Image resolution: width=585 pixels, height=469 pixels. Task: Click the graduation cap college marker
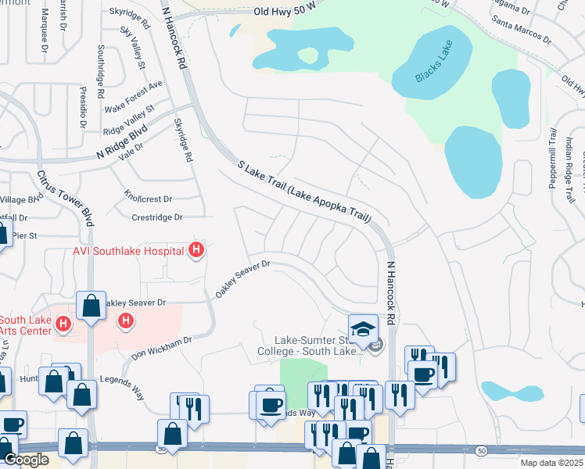tap(363, 328)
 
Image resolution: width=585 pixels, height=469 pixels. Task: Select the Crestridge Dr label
tap(156, 217)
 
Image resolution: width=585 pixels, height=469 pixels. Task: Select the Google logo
tap(26, 460)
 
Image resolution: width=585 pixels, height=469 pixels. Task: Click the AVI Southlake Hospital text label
tap(129, 250)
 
